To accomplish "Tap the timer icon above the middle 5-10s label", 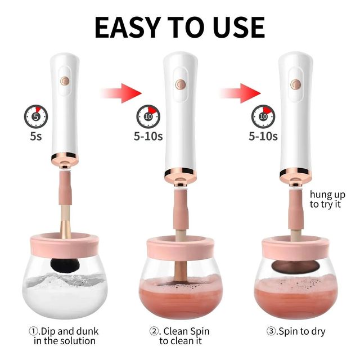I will pyautogui.click(x=148, y=118).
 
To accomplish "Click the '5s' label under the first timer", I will pyautogui.click(x=36, y=136).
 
